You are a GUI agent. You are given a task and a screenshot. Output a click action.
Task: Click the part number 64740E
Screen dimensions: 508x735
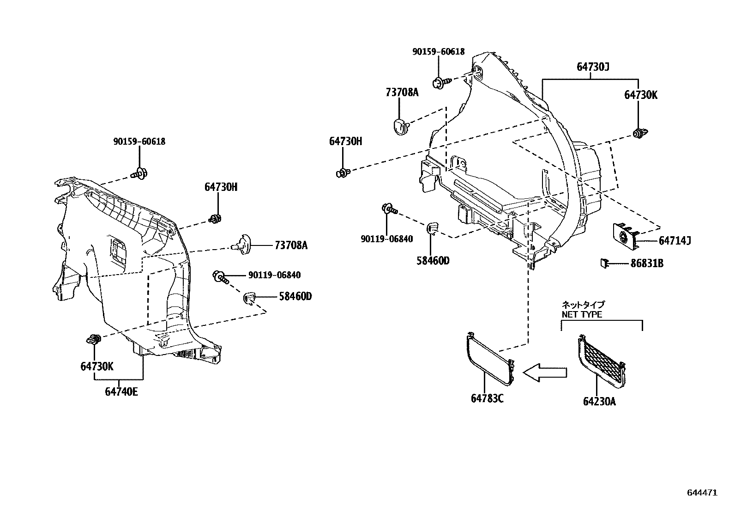[x=121, y=392]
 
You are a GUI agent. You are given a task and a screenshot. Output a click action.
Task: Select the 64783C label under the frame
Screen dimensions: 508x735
[x=487, y=398]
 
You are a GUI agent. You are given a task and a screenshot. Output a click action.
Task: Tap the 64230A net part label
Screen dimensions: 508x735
[x=599, y=401]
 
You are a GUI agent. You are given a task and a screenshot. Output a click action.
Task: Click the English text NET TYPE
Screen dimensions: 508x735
[x=582, y=314]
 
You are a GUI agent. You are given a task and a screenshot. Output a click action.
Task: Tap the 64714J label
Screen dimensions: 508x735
[x=675, y=240]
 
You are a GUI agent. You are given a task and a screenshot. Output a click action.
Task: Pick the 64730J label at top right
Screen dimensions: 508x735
[x=593, y=67]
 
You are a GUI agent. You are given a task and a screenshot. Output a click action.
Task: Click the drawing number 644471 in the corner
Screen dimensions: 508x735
[x=702, y=493]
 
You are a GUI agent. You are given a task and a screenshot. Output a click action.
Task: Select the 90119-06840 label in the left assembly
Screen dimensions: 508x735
[x=274, y=275]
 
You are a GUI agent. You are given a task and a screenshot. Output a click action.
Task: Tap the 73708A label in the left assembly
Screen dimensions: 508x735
[x=290, y=245]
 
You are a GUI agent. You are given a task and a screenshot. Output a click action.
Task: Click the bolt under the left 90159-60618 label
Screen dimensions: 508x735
[x=139, y=174]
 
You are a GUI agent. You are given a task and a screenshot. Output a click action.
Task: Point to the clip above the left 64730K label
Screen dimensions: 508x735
[x=94, y=340]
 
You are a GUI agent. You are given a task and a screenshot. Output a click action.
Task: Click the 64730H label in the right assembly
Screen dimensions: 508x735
[x=345, y=141]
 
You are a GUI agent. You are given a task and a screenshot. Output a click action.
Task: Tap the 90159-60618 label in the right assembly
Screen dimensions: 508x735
[x=438, y=52]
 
